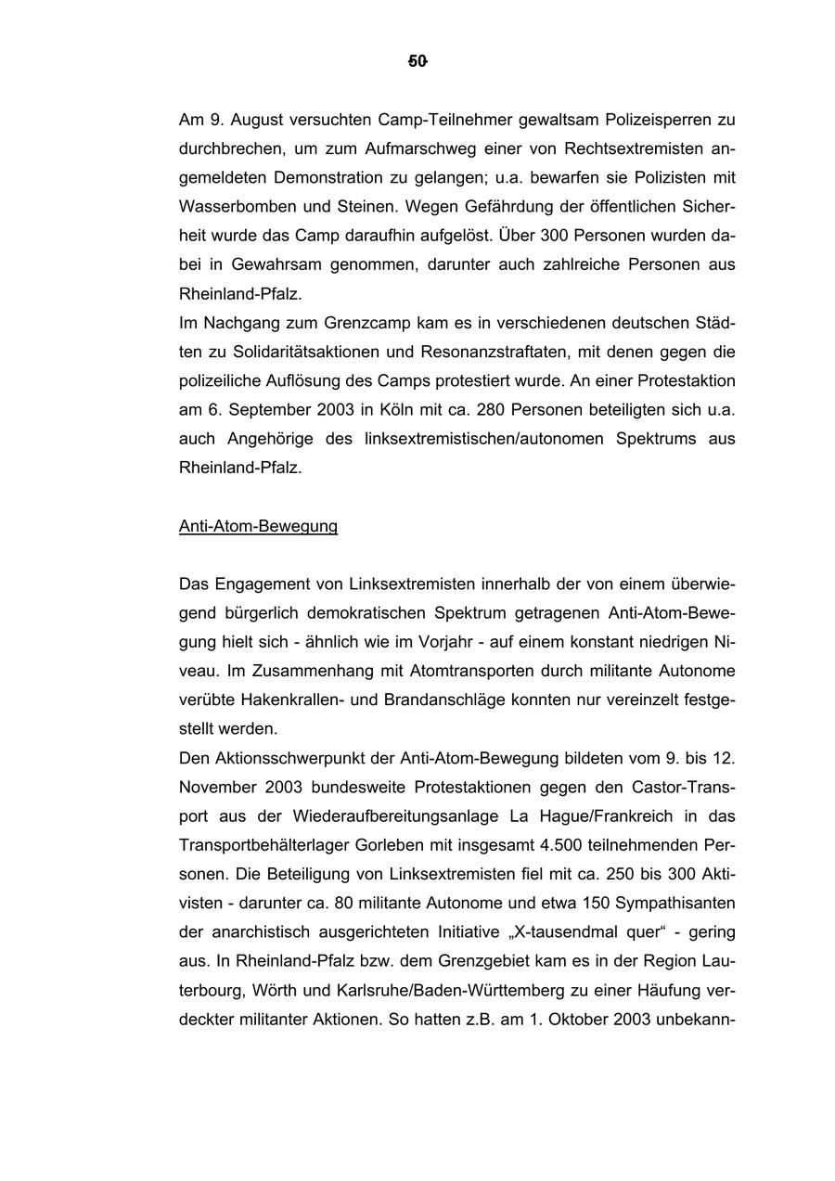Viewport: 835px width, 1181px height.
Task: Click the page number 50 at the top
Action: (417, 61)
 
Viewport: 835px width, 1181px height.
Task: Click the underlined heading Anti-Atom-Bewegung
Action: (258, 526)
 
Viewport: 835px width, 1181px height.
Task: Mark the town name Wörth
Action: (276, 990)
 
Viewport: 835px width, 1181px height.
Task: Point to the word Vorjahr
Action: (459, 641)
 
